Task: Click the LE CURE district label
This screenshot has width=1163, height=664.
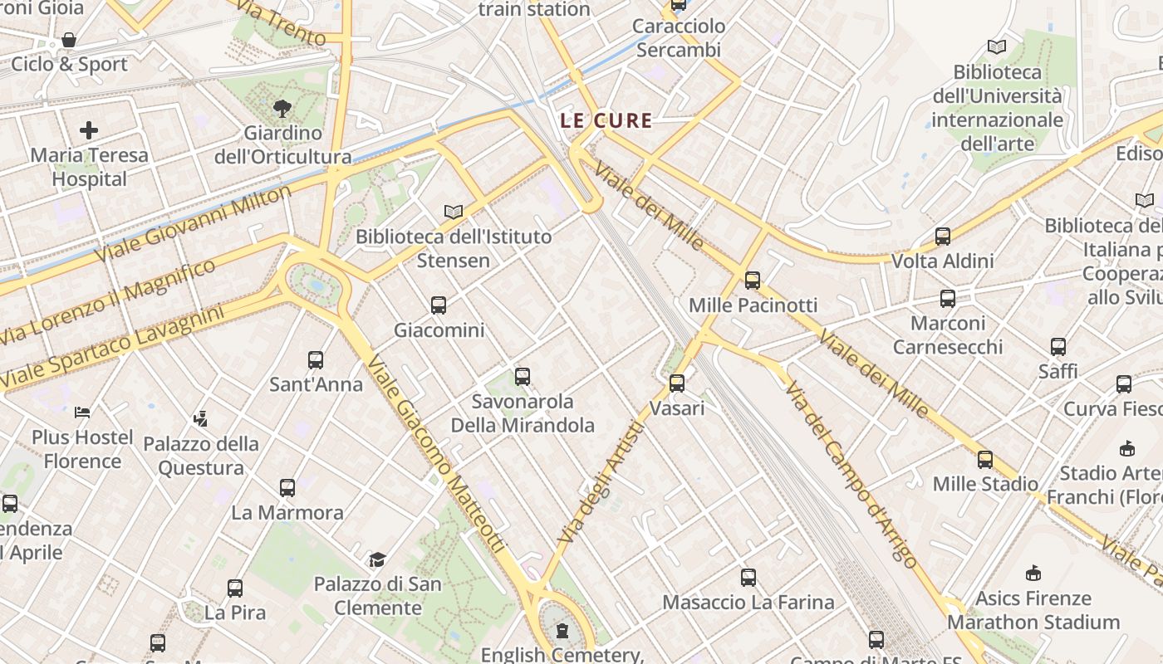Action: click(x=606, y=120)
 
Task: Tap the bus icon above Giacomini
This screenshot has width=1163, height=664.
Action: click(x=439, y=305)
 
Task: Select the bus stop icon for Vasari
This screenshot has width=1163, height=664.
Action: click(x=677, y=383)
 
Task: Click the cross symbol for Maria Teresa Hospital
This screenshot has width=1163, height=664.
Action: click(x=89, y=130)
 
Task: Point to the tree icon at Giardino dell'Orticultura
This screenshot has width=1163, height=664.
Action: click(x=282, y=108)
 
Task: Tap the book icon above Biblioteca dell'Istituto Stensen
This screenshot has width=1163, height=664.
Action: click(x=453, y=212)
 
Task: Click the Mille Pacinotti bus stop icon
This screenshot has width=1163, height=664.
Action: click(x=753, y=281)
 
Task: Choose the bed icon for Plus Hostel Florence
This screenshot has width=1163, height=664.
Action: click(x=82, y=412)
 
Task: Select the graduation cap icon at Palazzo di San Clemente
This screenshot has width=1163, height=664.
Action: click(x=377, y=559)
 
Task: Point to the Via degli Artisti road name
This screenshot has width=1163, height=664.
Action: click(x=602, y=483)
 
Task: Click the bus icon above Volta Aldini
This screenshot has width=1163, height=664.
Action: click(x=943, y=237)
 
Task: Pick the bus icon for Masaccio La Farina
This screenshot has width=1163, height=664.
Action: click(x=748, y=578)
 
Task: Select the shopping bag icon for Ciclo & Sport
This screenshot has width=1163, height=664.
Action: click(x=69, y=40)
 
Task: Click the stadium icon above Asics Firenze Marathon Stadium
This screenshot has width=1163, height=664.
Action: click(x=1033, y=574)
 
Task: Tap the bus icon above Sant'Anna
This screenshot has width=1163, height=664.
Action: click(x=316, y=360)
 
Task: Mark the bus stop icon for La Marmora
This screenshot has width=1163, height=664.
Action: click(x=287, y=488)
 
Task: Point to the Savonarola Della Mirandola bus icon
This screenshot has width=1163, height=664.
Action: click(x=523, y=377)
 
